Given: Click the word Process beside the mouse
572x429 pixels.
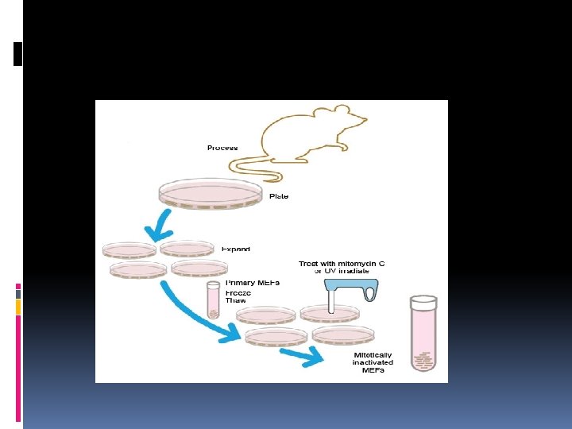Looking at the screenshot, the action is (x=222, y=148).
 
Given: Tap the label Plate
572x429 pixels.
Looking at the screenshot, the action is (x=278, y=196).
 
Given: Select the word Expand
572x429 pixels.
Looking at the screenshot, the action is (x=235, y=249).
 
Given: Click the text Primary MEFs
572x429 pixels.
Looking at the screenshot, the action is (x=252, y=283).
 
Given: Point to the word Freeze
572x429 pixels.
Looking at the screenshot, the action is (x=238, y=292).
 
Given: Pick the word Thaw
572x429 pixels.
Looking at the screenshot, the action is (x=236, y=301).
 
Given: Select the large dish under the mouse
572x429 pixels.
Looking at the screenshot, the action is (x=211, y=193).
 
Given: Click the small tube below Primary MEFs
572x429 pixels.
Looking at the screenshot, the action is (x=213, y=300).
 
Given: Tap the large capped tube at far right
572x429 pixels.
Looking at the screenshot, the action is (x=423, y=334).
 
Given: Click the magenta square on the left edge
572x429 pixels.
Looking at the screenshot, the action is (x=18, y=286).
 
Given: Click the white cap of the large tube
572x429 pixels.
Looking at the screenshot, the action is (x=423, y=301).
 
